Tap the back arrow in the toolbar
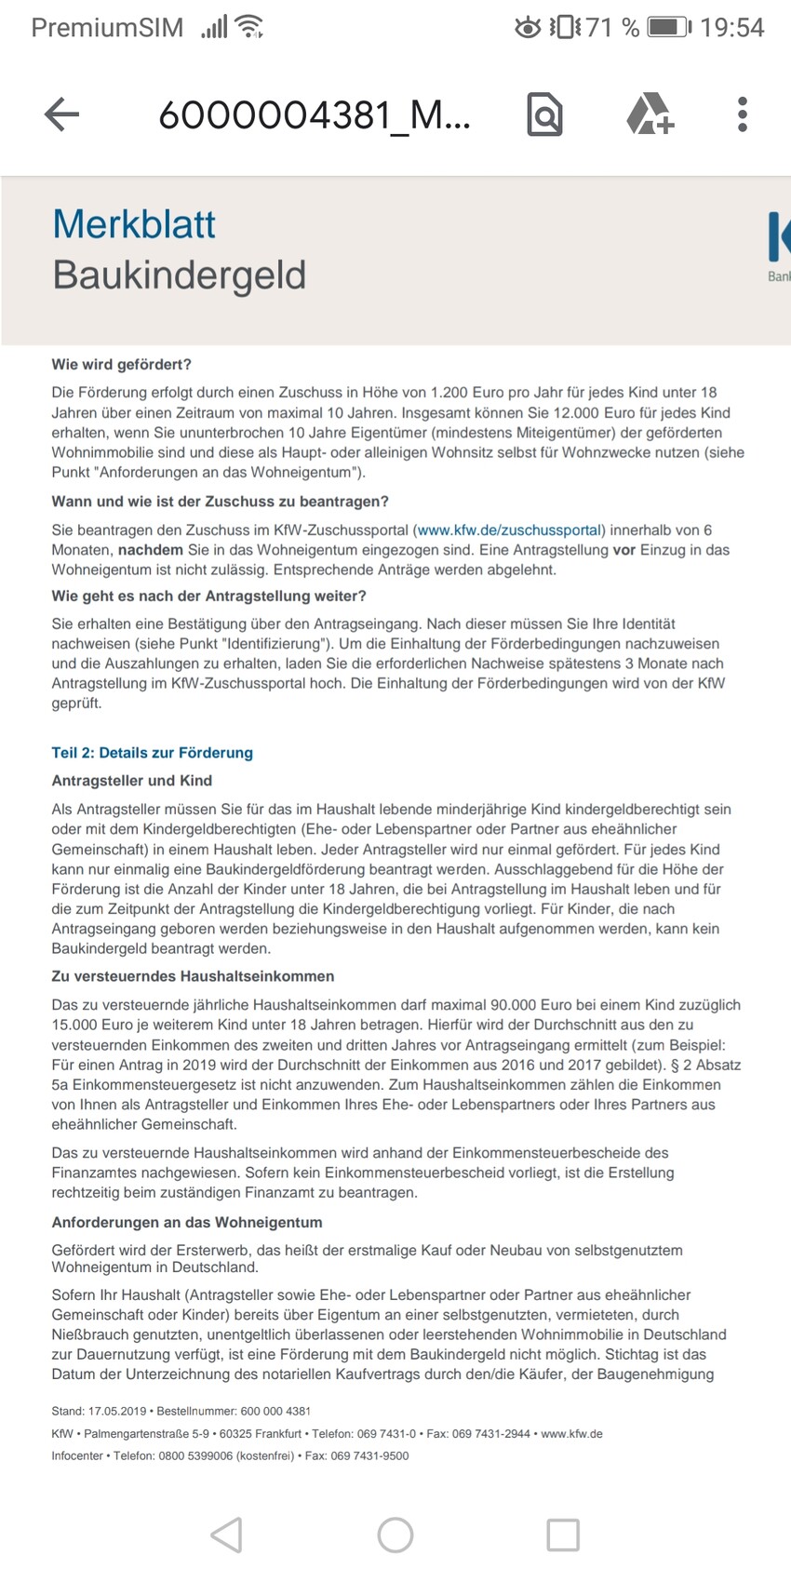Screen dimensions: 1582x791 click(62, 114)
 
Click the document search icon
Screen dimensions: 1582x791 click(544, 114)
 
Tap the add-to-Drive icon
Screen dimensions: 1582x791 click(649, 114)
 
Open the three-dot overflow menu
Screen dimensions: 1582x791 click(742, 114)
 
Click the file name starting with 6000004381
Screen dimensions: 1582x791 click(315, 115)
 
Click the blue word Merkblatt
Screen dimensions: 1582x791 click(134, 224)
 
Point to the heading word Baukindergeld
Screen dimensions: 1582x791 click(179, 275)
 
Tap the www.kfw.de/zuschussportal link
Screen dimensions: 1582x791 click(509, 530)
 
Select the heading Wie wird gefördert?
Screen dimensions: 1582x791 click(121, 365)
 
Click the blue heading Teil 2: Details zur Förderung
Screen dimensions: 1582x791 click(152, 753)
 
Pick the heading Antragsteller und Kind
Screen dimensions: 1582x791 click(131, 781)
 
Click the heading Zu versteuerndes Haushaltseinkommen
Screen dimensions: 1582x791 click(193, 976)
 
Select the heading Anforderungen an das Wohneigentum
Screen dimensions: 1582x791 click(186, 1222)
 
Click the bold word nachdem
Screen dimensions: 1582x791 click(151, 550)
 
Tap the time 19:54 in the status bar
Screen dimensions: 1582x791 click(731, 28)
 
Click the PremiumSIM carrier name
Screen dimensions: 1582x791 click(107, 28)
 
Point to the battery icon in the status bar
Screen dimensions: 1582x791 click(668, 28)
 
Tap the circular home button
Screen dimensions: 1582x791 click(395, 1535)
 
